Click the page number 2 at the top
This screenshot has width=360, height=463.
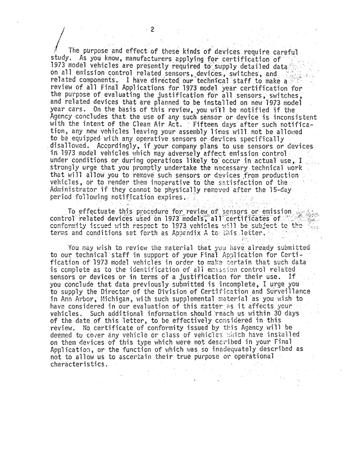pyautogui.click(x=152, y=30)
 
